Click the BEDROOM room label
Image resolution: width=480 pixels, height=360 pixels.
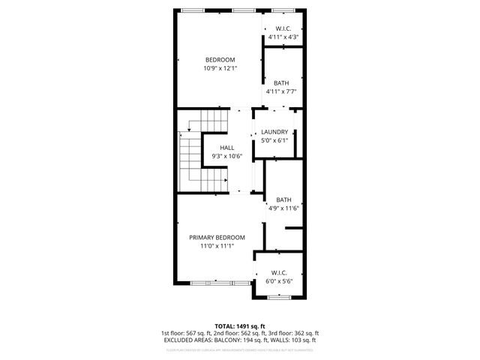[220, 60]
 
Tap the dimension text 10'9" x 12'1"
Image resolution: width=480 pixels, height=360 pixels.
[220, 68]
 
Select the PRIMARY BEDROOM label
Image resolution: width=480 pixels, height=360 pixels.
[217, 237]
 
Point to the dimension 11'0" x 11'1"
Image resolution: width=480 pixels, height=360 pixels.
[217, 245]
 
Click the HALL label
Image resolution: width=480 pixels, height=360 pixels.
[227, 148]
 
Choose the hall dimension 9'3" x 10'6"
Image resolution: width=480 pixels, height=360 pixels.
[227, 156]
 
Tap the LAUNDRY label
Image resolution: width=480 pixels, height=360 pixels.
[274, 132]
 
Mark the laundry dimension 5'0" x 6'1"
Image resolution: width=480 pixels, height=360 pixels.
[274, 140]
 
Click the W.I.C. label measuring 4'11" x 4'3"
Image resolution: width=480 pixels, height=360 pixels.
[283, 28]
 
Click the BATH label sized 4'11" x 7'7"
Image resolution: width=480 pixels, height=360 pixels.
[281, 83]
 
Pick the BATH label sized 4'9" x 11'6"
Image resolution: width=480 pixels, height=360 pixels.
[283, 199]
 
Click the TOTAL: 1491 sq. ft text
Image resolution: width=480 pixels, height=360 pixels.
[240, 326]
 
